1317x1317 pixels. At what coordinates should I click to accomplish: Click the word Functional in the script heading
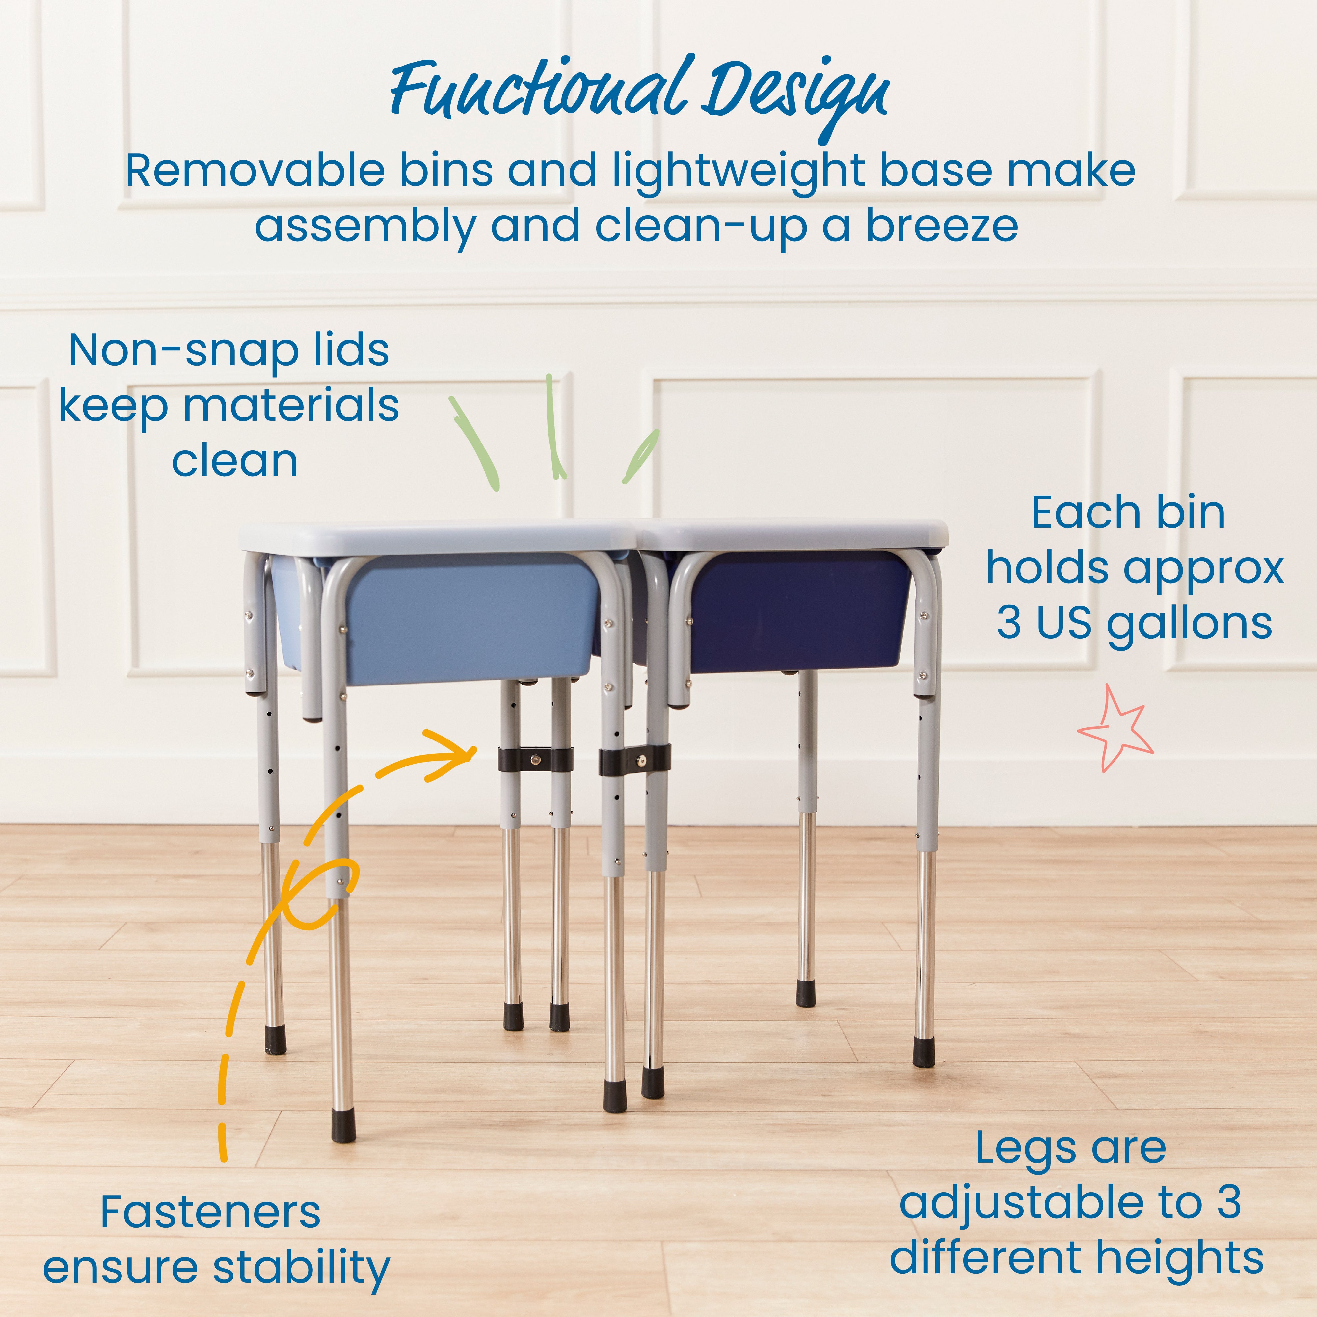[x=539, y=92]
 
